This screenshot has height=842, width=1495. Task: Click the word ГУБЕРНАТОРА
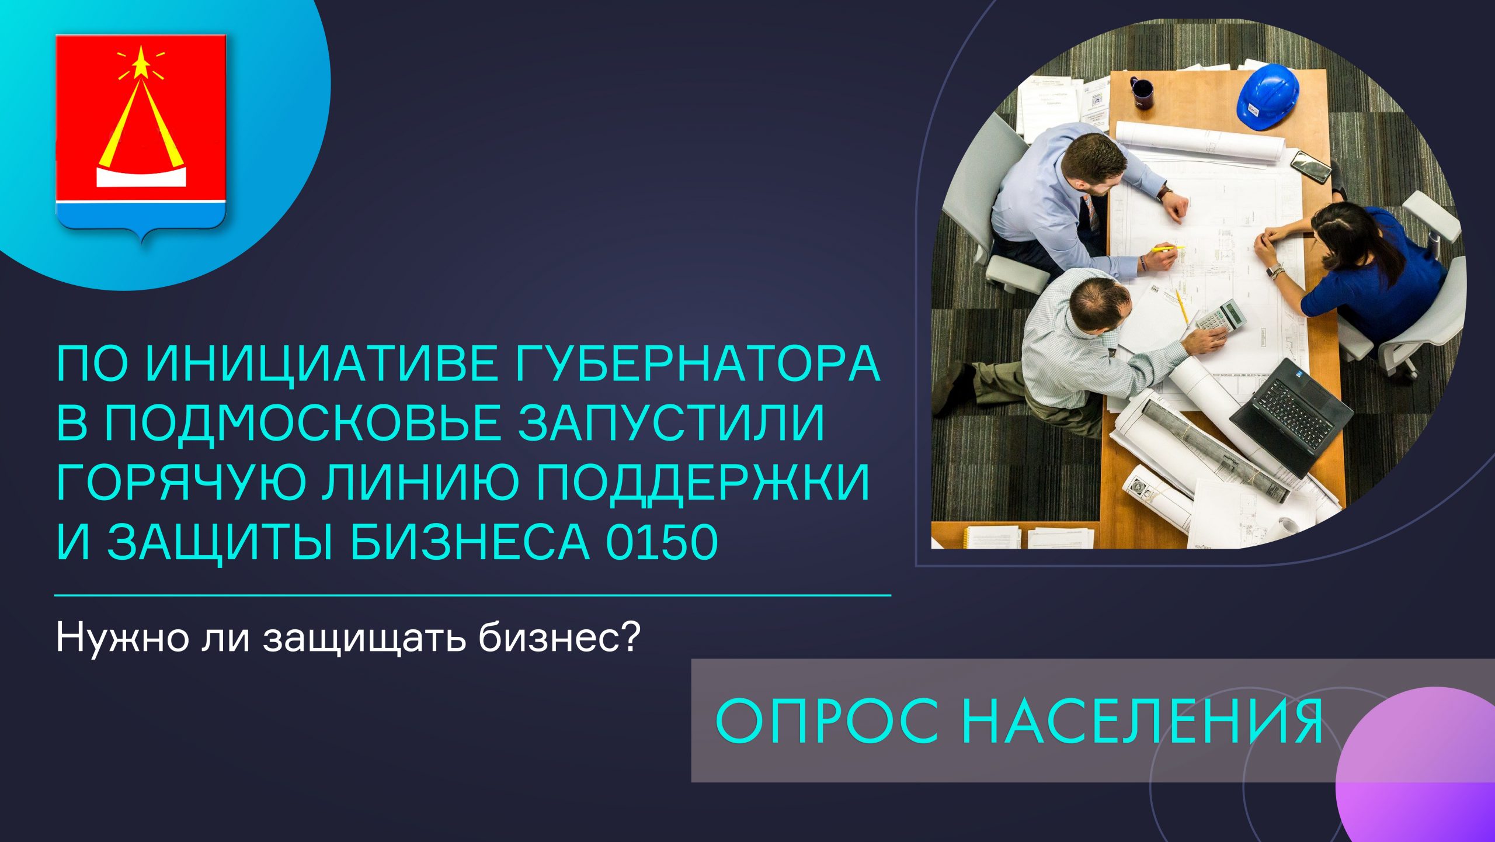[697, 363]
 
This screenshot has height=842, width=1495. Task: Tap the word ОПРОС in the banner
[827, 720]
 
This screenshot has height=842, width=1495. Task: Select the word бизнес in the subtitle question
[559, 638]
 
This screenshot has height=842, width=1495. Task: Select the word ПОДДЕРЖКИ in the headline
[703, 483]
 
